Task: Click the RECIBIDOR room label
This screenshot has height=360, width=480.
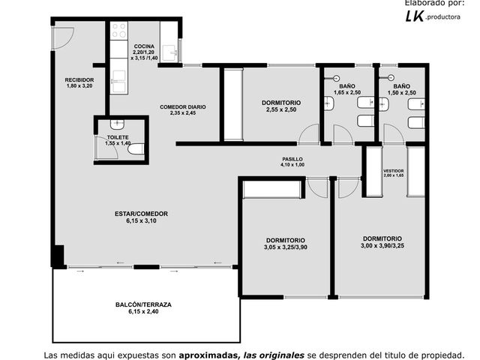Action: point(79,80)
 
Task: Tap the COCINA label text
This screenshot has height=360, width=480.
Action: point(144,46)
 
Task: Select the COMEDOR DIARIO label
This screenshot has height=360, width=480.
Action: point(183,107)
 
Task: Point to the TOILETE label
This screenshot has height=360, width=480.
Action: point(118,137)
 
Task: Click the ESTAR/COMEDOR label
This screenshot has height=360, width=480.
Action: point(141,214)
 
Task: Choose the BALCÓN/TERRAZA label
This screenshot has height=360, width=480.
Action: point(143,304)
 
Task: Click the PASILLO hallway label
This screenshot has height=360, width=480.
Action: point(292,159)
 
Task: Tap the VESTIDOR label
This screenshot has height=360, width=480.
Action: point(394,171)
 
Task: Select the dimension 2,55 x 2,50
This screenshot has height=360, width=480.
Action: point(281,109)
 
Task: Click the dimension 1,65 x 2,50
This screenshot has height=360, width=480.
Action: point(347,92)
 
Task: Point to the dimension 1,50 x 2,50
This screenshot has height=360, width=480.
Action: point(402,93)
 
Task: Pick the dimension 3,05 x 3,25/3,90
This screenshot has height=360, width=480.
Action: point(286,247)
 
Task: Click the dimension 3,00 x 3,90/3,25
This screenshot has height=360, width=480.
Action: point(382,245)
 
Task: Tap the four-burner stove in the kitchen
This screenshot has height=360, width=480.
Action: point(119,30)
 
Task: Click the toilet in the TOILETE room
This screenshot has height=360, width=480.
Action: point(136,149)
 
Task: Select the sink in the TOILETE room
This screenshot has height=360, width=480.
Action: point(117,124)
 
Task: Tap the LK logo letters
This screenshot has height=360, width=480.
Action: point(415,16)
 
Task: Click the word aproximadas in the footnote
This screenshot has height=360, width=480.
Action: point(208,355)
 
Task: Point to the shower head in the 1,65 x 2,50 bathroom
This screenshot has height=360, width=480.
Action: point(337,78)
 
